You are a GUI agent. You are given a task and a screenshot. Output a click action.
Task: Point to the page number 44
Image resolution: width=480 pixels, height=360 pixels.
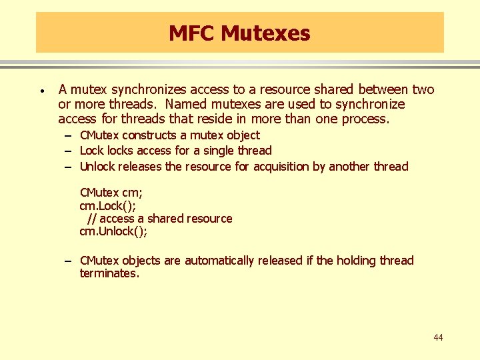[437, 337]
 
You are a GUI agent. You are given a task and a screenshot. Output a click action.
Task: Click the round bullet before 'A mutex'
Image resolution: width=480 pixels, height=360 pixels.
[41, 90]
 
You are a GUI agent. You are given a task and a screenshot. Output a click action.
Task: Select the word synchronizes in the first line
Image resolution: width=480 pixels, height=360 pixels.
[149, 89]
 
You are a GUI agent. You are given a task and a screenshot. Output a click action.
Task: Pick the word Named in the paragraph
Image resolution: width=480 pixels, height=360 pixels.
[184, 104]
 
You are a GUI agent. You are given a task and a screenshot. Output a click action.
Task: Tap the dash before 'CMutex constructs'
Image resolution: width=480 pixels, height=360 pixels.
[69, 135]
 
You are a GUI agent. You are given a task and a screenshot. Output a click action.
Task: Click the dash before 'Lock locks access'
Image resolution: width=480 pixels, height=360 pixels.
[69, 151]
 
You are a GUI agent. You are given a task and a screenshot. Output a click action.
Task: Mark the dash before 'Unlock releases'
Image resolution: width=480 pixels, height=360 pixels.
[69, 167]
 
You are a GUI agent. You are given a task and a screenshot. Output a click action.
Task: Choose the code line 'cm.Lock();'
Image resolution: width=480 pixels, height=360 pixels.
[107, 205]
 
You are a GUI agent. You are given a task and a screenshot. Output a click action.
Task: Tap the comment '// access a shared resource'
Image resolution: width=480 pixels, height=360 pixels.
[160, 219]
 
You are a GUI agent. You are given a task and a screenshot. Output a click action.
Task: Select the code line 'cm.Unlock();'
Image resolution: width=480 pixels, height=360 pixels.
[113, 231]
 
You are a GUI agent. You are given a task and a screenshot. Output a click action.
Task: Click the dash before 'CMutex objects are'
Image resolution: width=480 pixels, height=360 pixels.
[69, 261]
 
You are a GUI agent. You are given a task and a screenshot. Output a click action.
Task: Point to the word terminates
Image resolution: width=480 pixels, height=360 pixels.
[109, 273]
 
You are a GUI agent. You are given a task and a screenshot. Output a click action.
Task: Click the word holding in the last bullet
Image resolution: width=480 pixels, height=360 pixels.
[356, 261]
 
